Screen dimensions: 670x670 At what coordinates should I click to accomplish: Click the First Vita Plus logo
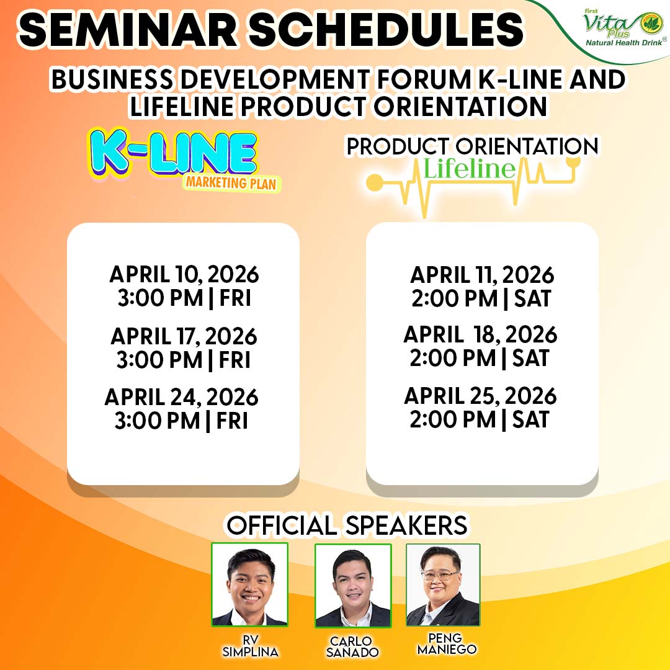click(x=623, y=28)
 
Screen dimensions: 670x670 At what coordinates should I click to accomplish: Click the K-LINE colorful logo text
click(x=173, y=153)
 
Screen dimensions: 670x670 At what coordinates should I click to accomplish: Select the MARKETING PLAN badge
click(x=231, y=183)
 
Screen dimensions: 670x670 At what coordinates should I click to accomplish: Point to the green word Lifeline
click(x=469, y=168)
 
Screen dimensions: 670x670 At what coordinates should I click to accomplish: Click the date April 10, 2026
click(x=184, y=274)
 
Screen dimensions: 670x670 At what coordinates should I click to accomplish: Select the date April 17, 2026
click(x=184, y=336)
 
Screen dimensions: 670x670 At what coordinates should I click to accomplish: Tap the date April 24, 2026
click(x=182, y=398)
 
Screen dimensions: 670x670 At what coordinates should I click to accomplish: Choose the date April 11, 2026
click(x=482, y=275)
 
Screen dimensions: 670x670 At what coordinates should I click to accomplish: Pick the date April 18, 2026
click(x=480, y=334)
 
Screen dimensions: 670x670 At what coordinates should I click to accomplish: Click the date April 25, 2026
click(x=480, y=396)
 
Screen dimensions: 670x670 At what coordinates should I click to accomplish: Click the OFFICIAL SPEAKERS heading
click(x=347, y=525)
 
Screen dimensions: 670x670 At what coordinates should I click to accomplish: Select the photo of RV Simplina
click(x=250, y=584)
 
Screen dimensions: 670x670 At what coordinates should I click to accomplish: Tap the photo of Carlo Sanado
click(x=353, y=586)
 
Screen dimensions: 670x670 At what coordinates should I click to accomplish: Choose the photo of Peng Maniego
click(x=443, y=584)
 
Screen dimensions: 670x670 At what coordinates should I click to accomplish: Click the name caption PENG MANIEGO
click(x=447, y=644)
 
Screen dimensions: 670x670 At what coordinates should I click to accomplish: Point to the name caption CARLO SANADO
click(x=352, y=647)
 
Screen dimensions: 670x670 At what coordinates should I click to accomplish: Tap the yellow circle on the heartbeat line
click(x=375, y=182)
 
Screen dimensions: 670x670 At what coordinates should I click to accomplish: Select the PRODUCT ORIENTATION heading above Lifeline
click(x=472, y=146)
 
